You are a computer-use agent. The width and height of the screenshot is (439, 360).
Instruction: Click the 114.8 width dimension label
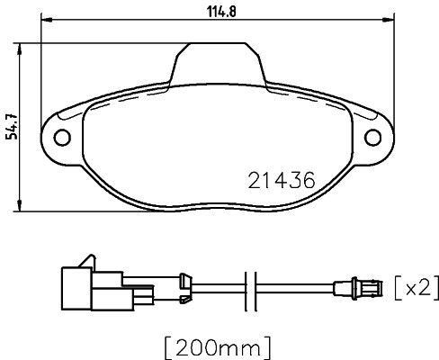(221, 12)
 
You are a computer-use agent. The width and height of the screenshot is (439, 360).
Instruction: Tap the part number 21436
(280, 180)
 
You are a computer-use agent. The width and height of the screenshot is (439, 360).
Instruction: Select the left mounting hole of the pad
(63, 139)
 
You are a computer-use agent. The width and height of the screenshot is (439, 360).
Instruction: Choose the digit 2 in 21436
(253, 180)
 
